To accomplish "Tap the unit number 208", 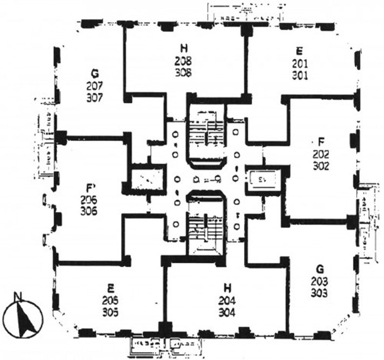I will pyautogui.click(x=184, y=61).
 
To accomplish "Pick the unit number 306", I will pyautogui.click(x=91, y=211).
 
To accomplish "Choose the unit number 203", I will pyautogui.click(x=319, y=282).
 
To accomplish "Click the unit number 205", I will pyautogui.click(x=110, y=299).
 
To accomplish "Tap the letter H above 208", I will pyautogui.click(x=184, y=49).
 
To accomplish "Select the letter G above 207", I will pyautogui.click(x=95, y=74).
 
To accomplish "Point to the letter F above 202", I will pyautogui.click(x=321, y=142).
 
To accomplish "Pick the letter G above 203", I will pyautogui.click(x=320, y=270).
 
